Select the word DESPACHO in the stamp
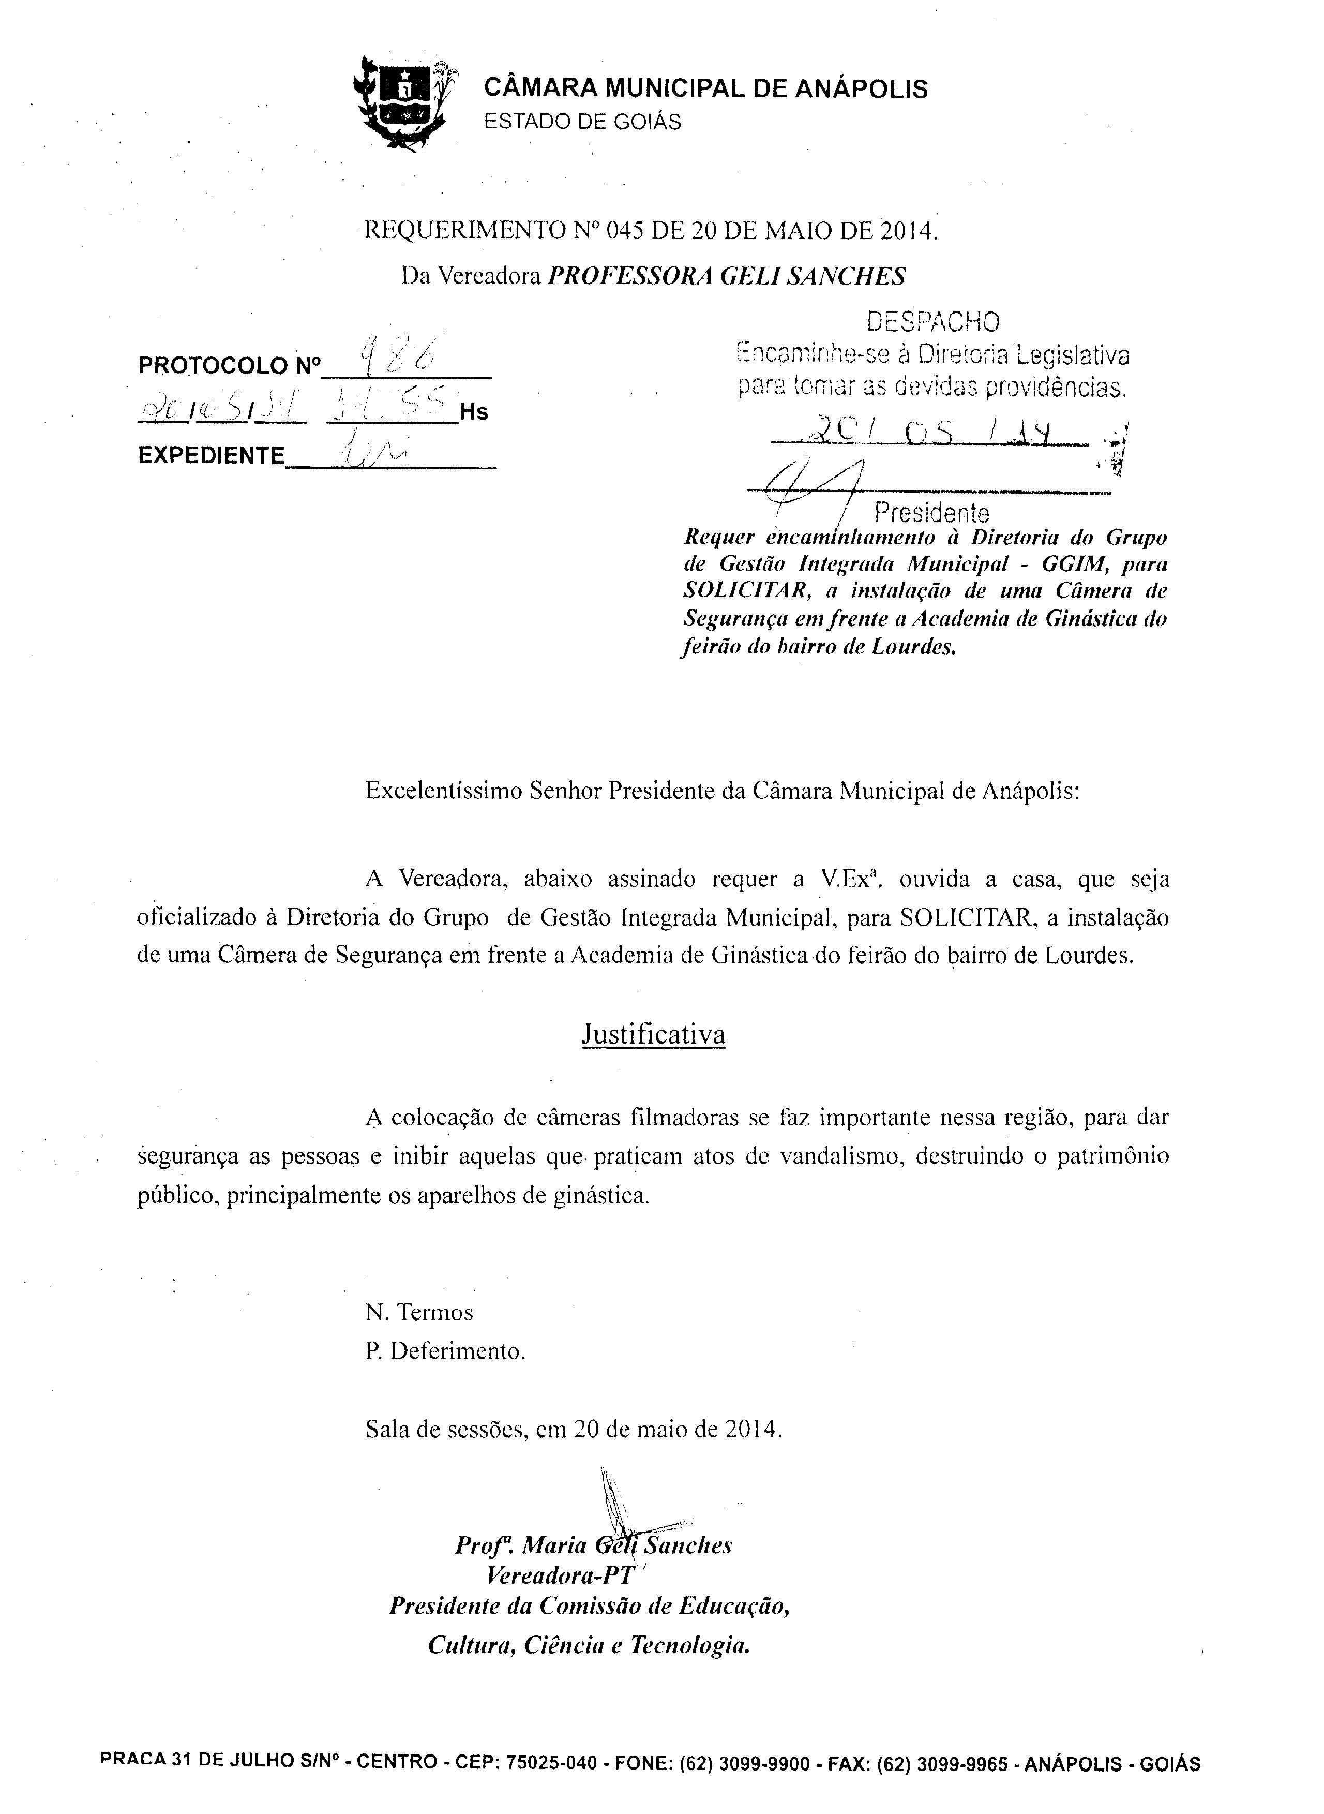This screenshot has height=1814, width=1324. (934, 322)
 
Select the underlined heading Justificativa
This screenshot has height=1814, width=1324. (653, 1034)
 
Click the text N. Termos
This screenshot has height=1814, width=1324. (419, 1312)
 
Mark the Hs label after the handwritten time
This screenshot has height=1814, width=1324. (473, 412)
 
